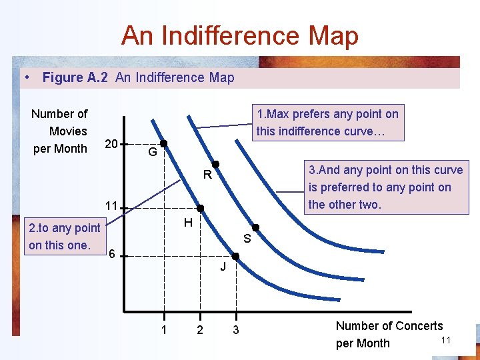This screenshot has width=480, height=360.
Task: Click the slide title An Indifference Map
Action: click(x=240, y=35)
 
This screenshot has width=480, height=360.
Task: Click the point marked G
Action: click(x=163, y=143)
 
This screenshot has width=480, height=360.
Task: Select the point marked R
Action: click(x=216, y=164)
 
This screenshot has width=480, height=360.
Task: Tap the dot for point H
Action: click(x=200, y=208)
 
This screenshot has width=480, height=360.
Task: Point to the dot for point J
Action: click(x=235, y=256)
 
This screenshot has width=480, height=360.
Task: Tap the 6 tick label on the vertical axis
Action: click(x=113, y=254)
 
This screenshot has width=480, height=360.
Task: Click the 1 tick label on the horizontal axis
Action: click(x=163, y=330)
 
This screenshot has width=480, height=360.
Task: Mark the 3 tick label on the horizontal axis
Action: click(x=235, y=330)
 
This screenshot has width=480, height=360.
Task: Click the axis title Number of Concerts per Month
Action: click(x=389, y=334)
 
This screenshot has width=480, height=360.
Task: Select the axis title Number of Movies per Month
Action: click(x=59, y=131)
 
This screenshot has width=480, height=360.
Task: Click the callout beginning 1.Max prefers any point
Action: click(x=327, y=123)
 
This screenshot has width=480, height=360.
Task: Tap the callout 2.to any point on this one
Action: click(x=64, y=236)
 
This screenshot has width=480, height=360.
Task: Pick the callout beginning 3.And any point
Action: click(x=385, y=187)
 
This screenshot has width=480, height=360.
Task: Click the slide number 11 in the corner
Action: click(x=446, y=341)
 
